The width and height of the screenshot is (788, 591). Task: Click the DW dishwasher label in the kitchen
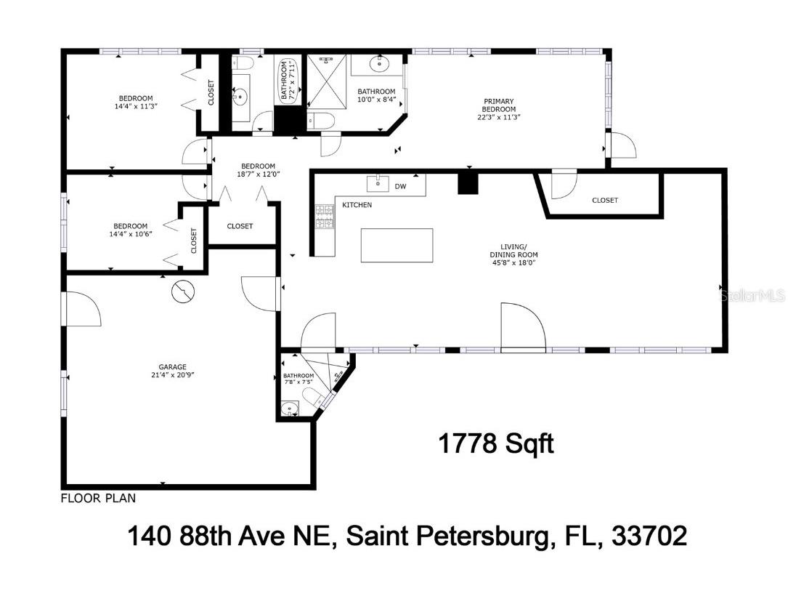coord(400,187)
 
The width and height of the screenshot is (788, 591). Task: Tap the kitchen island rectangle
coord(397,246)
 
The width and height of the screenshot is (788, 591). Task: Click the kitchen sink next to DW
coord(378,182)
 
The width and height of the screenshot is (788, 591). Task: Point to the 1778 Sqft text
coord(496,443)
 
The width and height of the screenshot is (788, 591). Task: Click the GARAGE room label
coord(173,367)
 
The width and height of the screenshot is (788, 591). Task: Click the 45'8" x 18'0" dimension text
coord(513,264)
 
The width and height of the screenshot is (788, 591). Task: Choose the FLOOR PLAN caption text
coord(98,499)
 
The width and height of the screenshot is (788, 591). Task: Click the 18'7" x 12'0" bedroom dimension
coord(258,174)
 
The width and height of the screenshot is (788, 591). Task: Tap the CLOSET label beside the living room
coord(604,201)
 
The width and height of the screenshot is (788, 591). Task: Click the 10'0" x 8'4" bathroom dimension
coord(376,101)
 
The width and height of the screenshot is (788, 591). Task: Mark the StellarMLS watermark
coord(751,296)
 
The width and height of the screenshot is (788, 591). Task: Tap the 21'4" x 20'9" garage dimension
coord(173,376)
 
